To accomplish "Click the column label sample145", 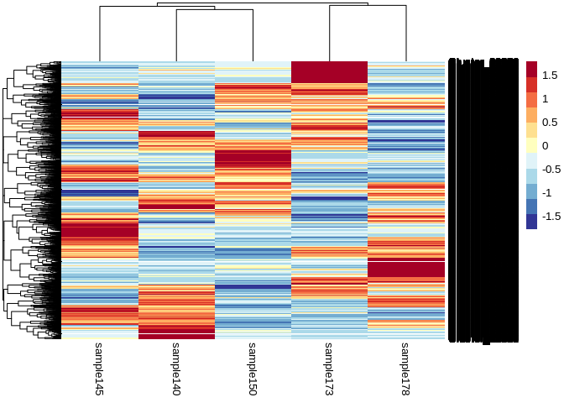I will pyautogui.click(x=99, y=369).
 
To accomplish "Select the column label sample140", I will pyautogui.click(x=176, y=369).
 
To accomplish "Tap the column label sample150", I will pyautogui.click(x=253, y=369).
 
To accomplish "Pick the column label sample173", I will pyautogui.click(x=329, y=369).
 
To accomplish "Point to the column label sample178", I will pyautogui.click(x=405, y=369).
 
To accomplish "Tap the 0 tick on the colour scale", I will pyautogui.click(x=546, y=145).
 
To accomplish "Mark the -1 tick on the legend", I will pyautogui.click(x=547, y=192).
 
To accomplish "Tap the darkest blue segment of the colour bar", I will pyautogui.click(x=531, y=221).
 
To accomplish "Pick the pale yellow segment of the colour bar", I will pyautogui.click(x=531, y=145).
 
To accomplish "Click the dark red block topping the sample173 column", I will pyautogui.click(x=329, y=72).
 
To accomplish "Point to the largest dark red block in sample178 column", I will pyautogui.click(x=405, y=269).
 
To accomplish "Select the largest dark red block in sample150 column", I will pyautogui.click(x=253, y=158).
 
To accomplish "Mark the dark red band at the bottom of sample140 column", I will pyautogui.click(x=176, y=332).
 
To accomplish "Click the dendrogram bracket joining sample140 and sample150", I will pyautogui.click(x=214, y=10).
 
